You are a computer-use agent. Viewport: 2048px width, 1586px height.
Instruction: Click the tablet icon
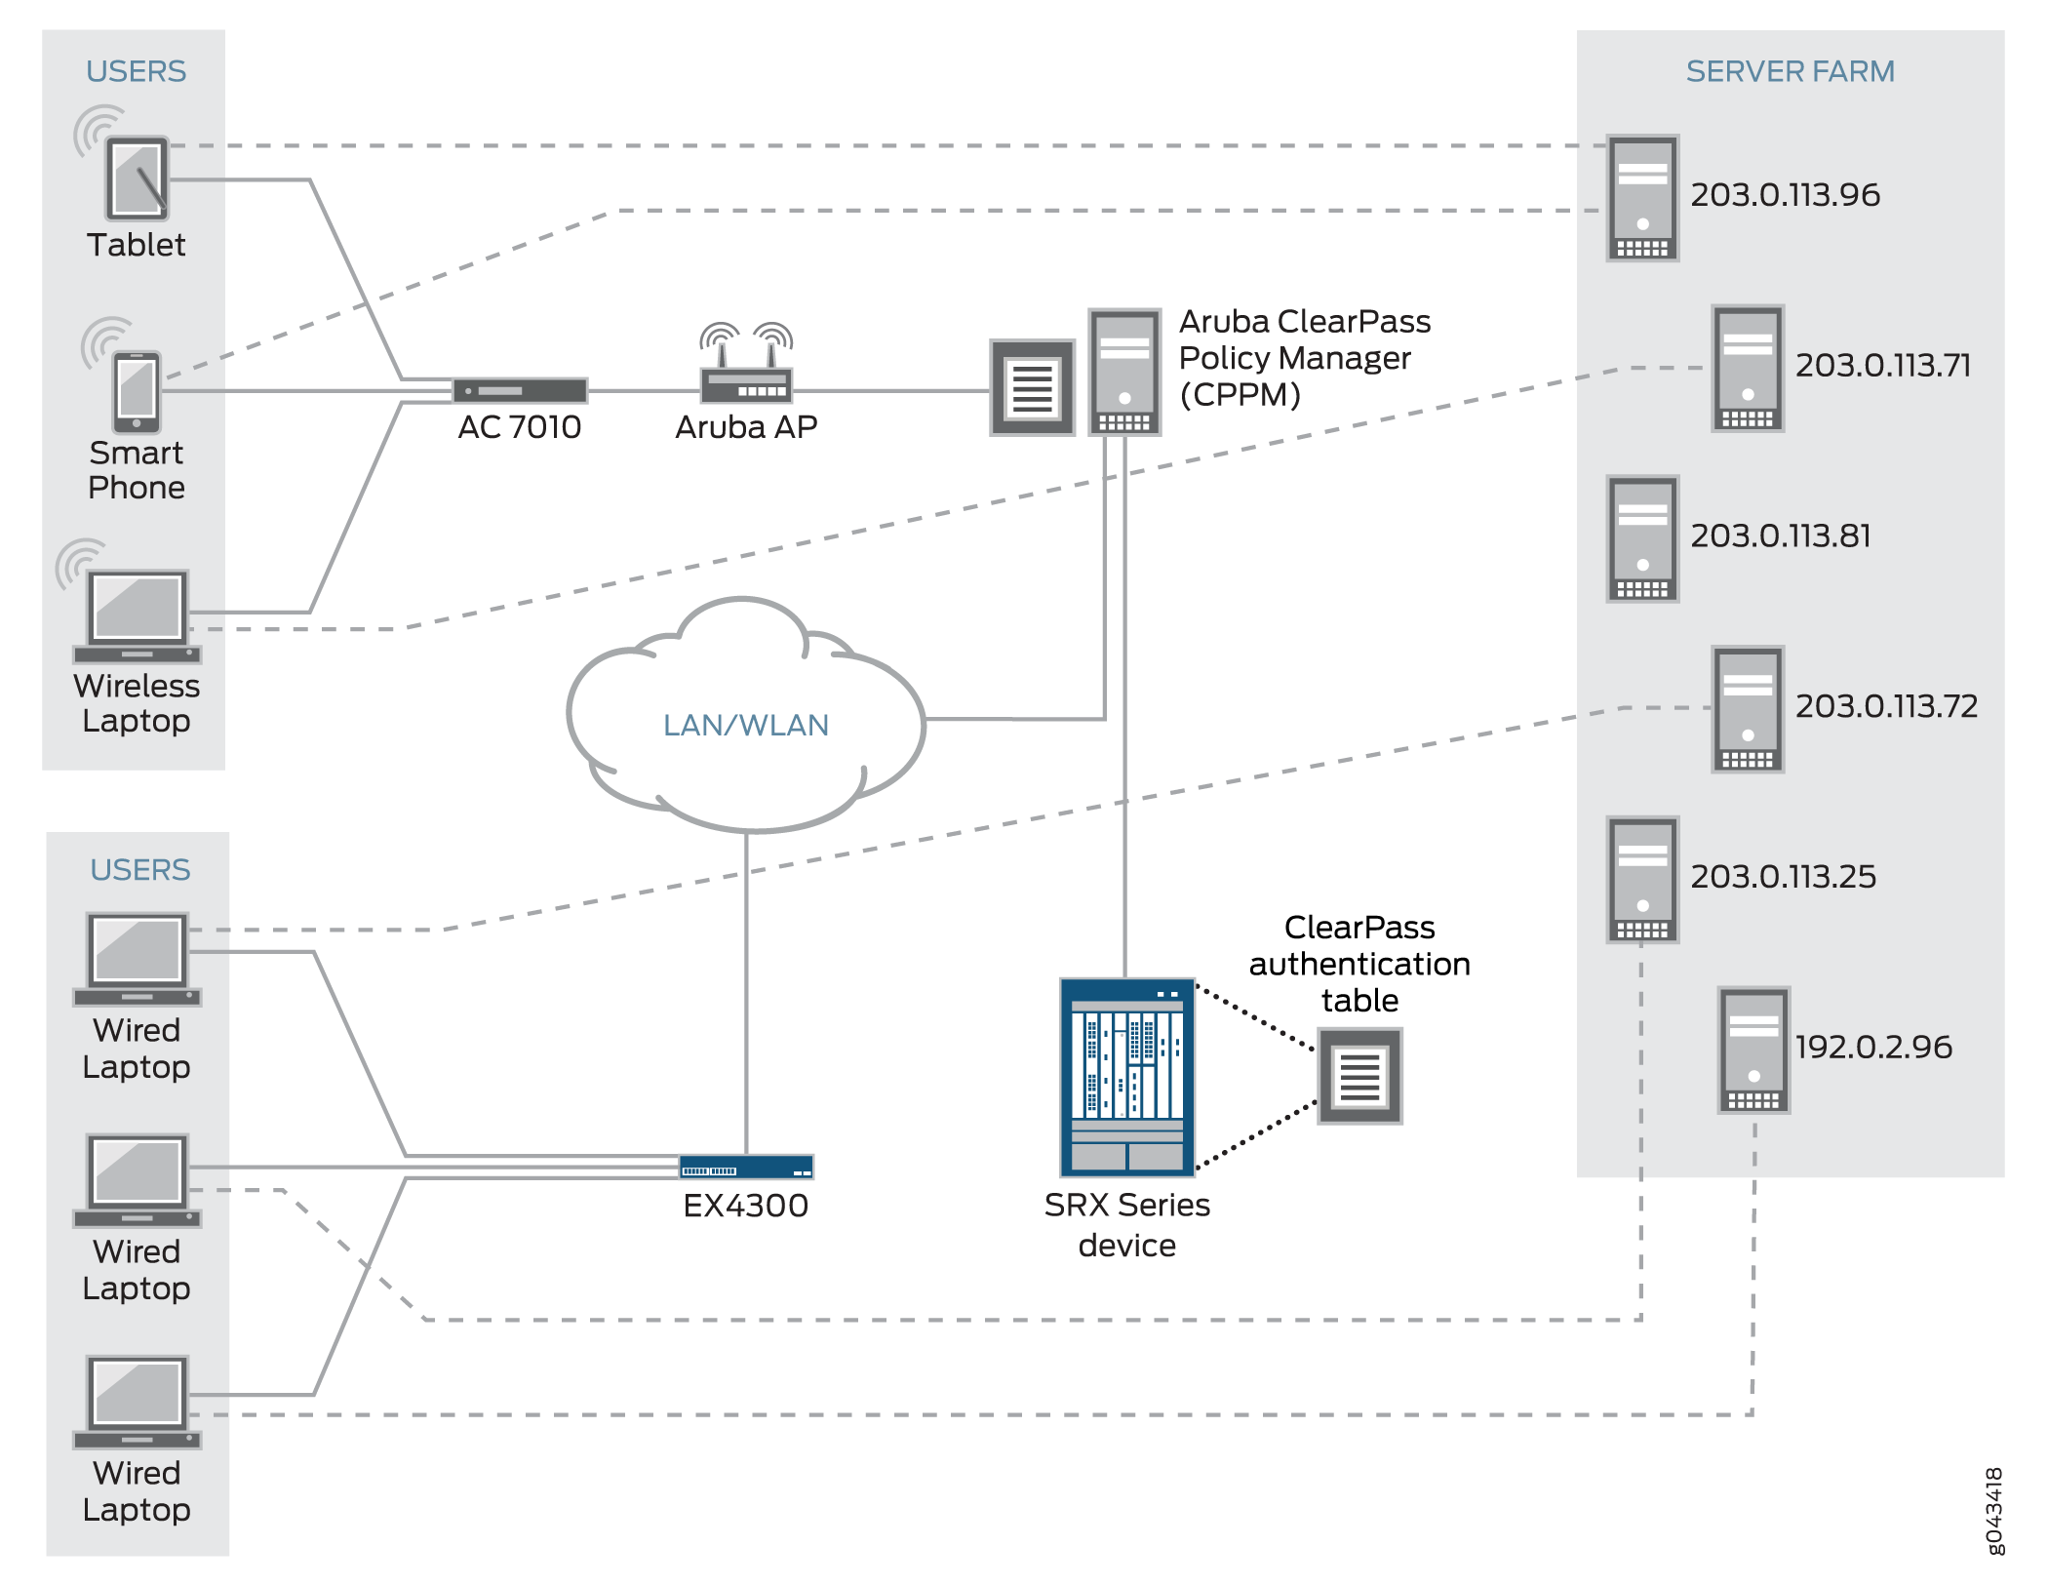click(x=137, y=178)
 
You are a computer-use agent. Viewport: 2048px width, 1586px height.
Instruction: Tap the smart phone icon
click(x=137, y=391)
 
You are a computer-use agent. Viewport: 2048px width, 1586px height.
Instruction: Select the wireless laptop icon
click(x=138, y=616)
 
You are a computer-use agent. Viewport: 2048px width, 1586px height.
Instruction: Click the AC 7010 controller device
click(x=520, y=390)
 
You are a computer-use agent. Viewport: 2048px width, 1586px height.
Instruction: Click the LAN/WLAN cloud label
click(x=745, y=725)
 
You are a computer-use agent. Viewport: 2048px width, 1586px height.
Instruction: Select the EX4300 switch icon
click(x=746, y=1167)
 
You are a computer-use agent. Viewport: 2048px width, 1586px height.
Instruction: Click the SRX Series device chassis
click(x=1126, y=1077)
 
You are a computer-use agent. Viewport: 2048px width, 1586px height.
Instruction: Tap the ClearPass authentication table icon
click(x=1359, y=1076)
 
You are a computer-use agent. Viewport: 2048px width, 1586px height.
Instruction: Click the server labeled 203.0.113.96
click(x=1642, y=198)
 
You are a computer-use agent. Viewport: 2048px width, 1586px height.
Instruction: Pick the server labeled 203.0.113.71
click(x=1748, y=368)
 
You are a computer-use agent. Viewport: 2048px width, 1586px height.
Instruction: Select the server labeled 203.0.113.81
click(x=1642, y=538)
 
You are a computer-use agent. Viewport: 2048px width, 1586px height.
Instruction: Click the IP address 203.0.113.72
click(x=1886, y=705)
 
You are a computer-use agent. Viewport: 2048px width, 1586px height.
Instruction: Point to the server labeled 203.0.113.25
click(x=1642, y=879)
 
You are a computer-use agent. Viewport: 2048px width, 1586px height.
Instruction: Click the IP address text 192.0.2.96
click(x=1873, y=1047)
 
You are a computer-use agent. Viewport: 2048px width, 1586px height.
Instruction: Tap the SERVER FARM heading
click(x=1790, y=71)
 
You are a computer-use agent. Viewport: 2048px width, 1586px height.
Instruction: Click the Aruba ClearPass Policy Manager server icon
click(x=1124, y=372)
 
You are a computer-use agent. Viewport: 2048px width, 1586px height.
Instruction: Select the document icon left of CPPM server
click(x=1032, y=387)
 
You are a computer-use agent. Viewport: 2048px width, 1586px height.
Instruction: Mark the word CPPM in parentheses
click(x=1240, y=395)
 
